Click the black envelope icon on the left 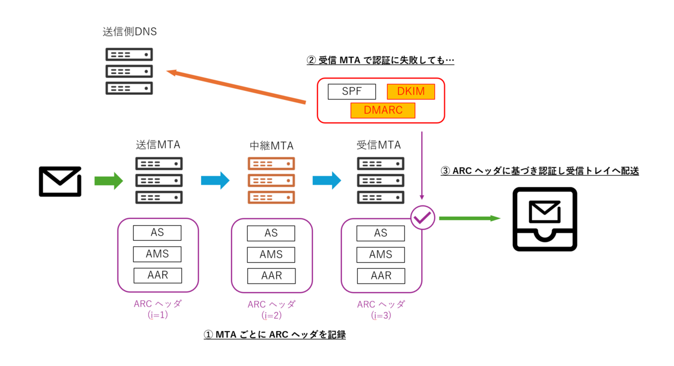[60, 181]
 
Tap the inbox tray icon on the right [544, 219]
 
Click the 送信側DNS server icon [129, 71]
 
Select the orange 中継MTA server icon [271, 180]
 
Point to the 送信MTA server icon [159, 180]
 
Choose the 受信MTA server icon [381, 180]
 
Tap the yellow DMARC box [382, 111]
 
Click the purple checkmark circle [422, 218]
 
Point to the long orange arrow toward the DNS [236, 87]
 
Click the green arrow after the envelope [108, 181]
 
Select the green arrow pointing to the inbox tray [469, 218]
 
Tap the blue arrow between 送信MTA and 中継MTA [215, 180]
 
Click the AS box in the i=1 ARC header [157, 233]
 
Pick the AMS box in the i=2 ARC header [271, 254]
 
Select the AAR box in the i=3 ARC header [381, 276]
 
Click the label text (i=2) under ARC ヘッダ [271, 315]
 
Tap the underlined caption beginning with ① [274, 335]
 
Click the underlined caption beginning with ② [380, 60]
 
